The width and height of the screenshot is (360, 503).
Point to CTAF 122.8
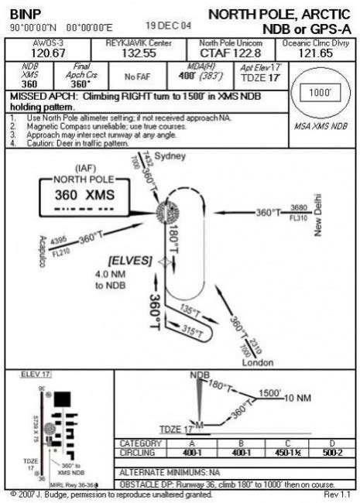tap(219, 53)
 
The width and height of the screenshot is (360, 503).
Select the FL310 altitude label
tap(298, 217)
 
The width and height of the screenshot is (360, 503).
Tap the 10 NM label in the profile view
tap(298, 398)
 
